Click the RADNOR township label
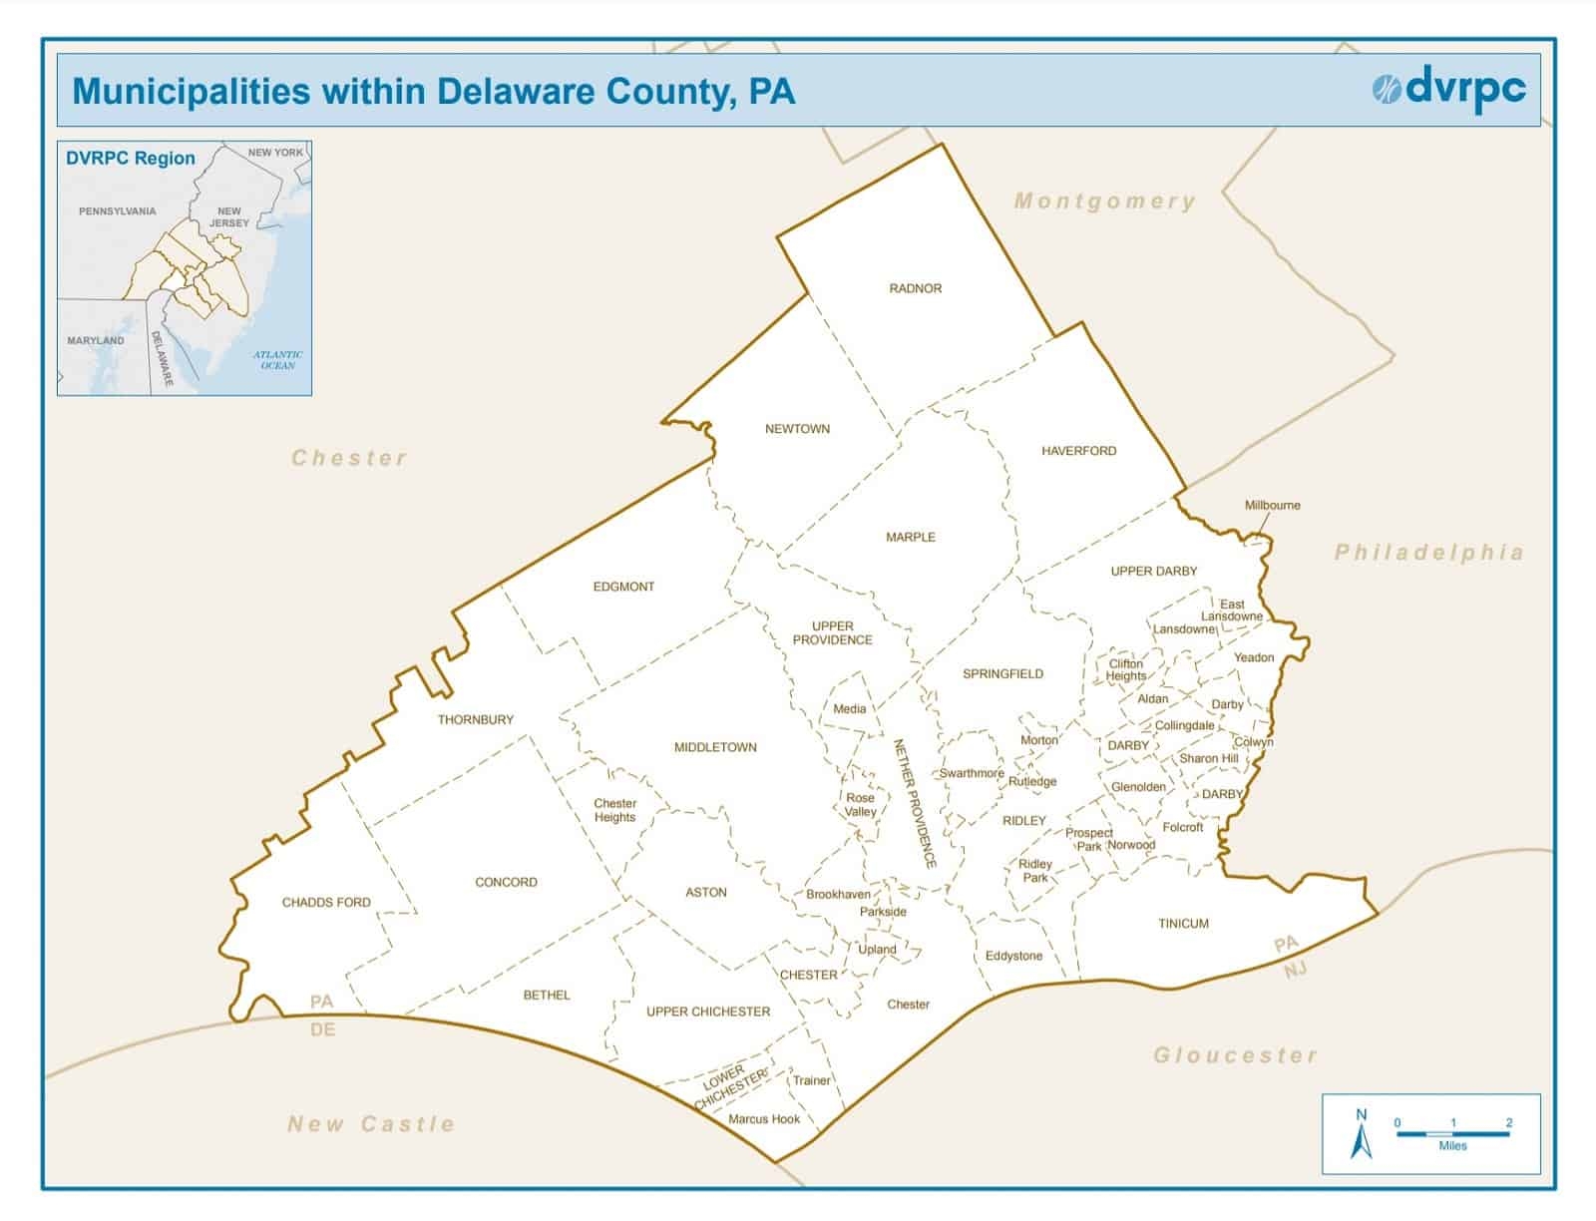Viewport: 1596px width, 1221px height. pos(915,288)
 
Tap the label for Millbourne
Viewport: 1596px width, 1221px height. pos(1272,505)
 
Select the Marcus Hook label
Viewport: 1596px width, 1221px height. pos(763,1119)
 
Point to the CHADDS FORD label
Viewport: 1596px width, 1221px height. pos(326,902)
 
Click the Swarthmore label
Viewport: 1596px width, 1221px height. pos(972,773)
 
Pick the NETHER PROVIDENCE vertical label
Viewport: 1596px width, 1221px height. pos(913,803)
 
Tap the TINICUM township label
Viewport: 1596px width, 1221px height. pos(1183,924)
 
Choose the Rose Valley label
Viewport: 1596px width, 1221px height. pos(860,805)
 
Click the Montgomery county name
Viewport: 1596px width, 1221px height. pos(1104,202)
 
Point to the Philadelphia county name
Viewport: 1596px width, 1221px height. pos(1428,553)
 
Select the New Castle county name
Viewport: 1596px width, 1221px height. pos(370,1124)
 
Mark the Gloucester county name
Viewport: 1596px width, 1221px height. pos(1235,1055)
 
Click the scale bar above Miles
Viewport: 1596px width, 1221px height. pos(1452,1134)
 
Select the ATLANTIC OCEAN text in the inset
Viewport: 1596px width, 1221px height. pos(277,360)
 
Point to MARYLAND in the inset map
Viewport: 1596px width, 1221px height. pos(96,341)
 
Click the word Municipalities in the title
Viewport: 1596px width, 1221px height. pos(192,91)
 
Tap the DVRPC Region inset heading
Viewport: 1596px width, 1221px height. pos(131,159)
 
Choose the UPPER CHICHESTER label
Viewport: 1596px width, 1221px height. pos(707,1012)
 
